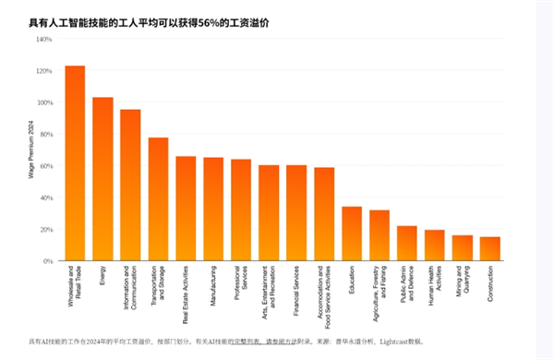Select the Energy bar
(x=102, y=179)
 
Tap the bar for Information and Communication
(x=130, y=186)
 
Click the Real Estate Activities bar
(x=186, y=209)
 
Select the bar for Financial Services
(x=296, y=213)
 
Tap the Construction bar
(x=490, y=249)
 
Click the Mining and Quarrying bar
(x=463, y=248)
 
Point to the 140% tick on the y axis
(x=43, y=40)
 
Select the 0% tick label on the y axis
(x=46, y=261)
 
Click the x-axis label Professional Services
(x=241, y=285)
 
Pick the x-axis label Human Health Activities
(x=435, y=285)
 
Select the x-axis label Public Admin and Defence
(x=407, y=286)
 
